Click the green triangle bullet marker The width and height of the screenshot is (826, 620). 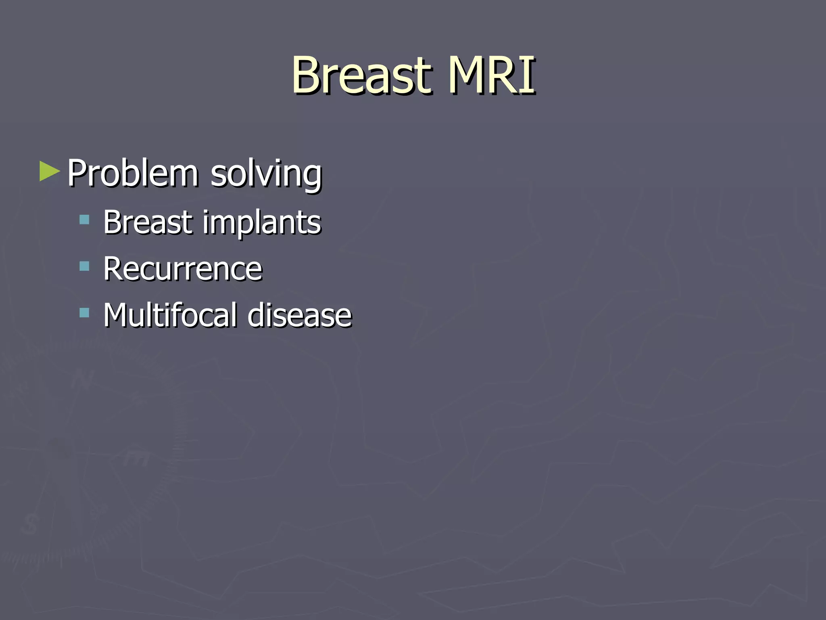49,171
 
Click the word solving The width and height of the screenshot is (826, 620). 266,174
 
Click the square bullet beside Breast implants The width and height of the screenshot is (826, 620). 84,220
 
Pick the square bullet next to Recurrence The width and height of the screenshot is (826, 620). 84,266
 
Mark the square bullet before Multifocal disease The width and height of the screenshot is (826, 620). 84,312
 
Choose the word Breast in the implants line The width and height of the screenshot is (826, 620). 148,222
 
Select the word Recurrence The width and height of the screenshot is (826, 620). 183,268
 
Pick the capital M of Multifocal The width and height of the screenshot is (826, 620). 115,315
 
